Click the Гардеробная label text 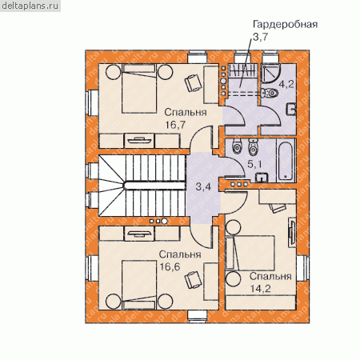[285, 24]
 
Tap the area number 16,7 [175, 125]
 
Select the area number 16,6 [170, 266]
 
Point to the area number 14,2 [261, 289]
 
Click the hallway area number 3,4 [203, 187]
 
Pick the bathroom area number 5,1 [254, 164]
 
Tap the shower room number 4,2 [286, 84]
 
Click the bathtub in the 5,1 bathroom [286, 161]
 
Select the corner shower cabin [270, 73]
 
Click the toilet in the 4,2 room [270, 93]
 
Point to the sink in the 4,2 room [291, 109]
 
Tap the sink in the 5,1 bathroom [262, 178]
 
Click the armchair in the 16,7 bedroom [194, 83]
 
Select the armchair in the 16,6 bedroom [194, 280]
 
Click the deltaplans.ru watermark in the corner [30, 6]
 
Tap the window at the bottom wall [198, 316]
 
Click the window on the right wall [302, 268]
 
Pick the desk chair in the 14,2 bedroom [278, 208]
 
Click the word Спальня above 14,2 [270, 276]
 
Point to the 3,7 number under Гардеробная [260, 37]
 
